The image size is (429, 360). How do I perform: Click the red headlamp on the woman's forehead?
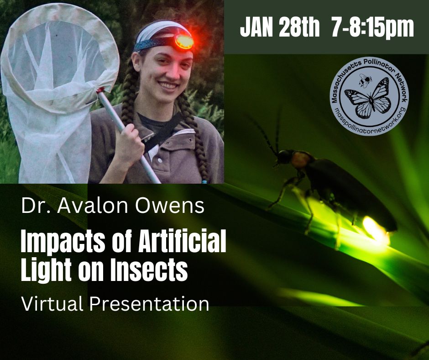click(x=184, y=42)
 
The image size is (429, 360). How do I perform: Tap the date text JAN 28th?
click(x=280, y=27)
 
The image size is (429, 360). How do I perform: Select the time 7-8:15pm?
click(x=372, y=28)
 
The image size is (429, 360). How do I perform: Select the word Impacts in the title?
click(x=63, y=243)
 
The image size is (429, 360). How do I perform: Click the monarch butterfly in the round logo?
click(x=367, y=98)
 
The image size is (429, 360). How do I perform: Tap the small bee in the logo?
click(x=365, y=80)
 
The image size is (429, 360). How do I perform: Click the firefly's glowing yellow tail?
click(x=376, y=229)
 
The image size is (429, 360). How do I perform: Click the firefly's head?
click(x=283, y=157)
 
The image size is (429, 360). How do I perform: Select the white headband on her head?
click(x=162, y=30)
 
